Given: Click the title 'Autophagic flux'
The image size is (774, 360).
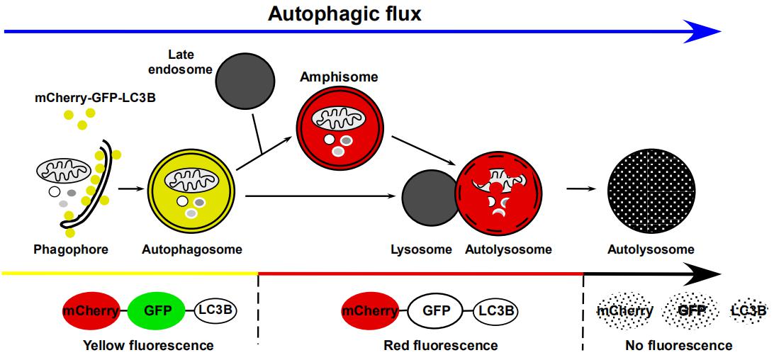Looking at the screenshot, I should tap(344, 13).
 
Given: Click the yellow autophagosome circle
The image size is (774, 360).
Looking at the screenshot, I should tap(193, 191).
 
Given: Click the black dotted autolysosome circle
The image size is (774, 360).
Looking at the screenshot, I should tap(650, 189).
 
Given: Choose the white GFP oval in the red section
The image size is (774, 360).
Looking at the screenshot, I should tap(432, 310).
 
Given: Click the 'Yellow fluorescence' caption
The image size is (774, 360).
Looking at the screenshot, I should tap(148, 346).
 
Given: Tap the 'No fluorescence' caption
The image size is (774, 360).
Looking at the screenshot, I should tap(678, 346).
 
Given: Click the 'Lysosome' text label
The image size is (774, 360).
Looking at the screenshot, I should tap(421, 249).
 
